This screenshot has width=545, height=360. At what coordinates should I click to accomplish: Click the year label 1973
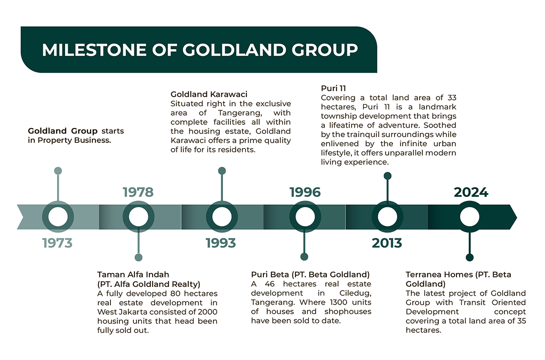pyautogui.click(x=58, y=243)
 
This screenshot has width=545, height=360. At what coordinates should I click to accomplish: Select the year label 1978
pyautogui.click(x=138, y=192)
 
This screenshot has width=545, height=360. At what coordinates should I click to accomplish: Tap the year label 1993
pyautogui.click(x=221, y=243)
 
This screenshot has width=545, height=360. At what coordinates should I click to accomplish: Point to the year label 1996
pyautogui.click(x=305, y=192)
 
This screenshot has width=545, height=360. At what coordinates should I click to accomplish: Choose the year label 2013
pyautogui.click(x=387, y=243)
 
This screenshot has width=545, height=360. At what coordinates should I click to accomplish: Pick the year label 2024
pyautogui.click(x=471, y=192)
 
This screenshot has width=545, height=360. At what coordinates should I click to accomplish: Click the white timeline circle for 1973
pyautogui.click(x=58, y=217)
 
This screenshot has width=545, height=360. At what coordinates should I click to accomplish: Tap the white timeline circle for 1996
pyautogui.click(x=305, y=217)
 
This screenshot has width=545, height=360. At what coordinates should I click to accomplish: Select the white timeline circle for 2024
pyautogui.click(x=470, y=217)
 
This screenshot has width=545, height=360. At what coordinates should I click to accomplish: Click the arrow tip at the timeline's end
pyautogui.click(x=517, y=218)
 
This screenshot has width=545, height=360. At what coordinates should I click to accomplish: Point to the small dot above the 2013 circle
pyautogui.click(x=388, y=176)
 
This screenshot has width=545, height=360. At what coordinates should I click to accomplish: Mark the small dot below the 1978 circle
pyautogui.click(x=138, y=258)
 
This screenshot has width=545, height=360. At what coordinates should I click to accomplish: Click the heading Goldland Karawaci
pyautogui.click(x=209, y=94)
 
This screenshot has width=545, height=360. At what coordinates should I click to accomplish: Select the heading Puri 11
pyautogui.click(x=333, y=88)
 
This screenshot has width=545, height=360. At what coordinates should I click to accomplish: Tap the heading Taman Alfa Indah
pyautogui.click(x=133, y=275)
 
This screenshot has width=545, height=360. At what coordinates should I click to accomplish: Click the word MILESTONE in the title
pyautogui.click(x=94, y=50)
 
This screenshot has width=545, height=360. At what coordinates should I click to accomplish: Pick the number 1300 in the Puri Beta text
pyautogui.click(x=339, y=302)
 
